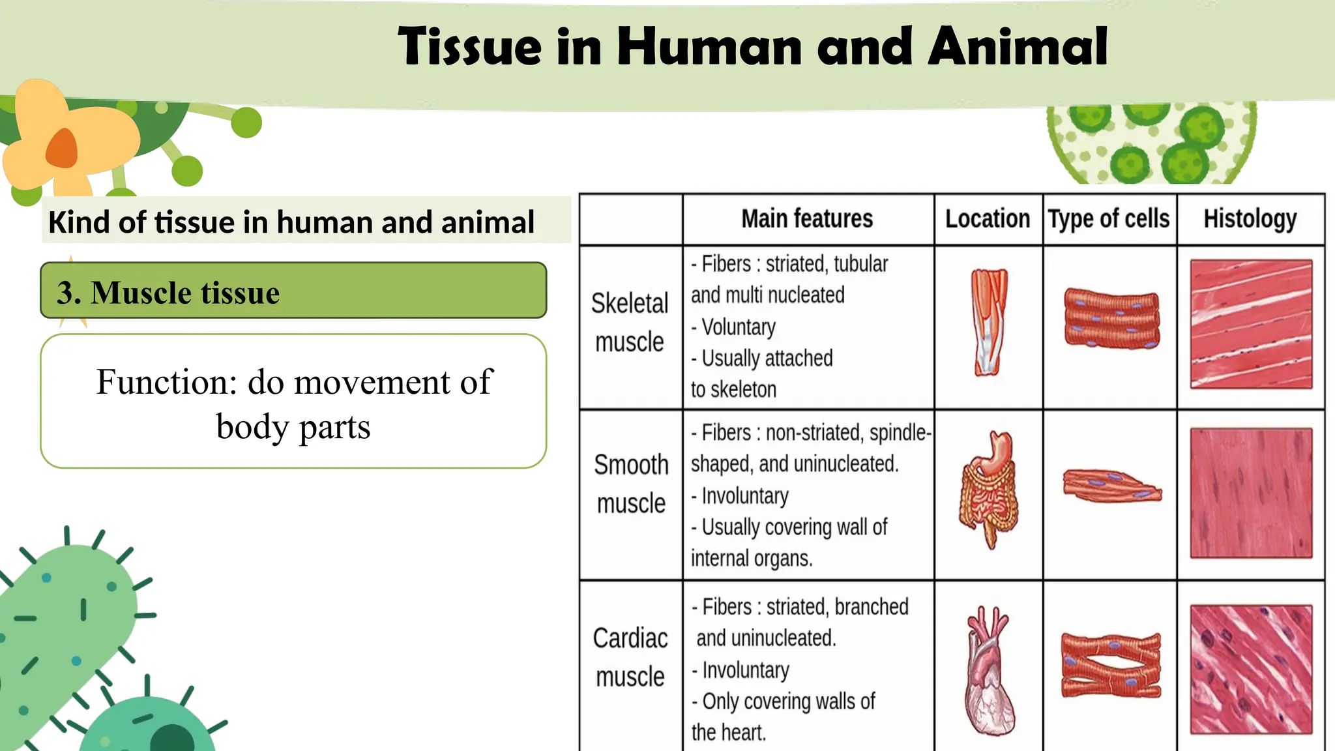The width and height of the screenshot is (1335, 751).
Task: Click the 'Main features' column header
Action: pyautogui.click(x=807, y=219)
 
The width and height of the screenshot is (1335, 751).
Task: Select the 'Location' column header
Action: pyautogui.click(x=988, y=219)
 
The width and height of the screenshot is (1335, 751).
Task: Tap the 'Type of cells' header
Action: pyautogui.click(x=1109, y=219)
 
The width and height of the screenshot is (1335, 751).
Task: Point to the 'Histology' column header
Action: pyautogui.click(x=1250, y=219)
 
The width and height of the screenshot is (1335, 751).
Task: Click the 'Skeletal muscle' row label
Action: pyautogui.click(x=630, y=323)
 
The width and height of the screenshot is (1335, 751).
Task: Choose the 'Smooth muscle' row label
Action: pyautogui.click(x=631, y=484)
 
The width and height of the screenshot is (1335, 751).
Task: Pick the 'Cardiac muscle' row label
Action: pyautogui.click(x=630, y=657)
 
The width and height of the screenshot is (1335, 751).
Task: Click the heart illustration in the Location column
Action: pyautogui.click(x=989, y=671)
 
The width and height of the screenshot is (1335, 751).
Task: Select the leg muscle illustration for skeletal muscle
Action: pyautogui.click(x=989, y=322)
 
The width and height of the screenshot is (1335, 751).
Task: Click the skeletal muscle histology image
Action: pyautogui.click(x=1251, y=324)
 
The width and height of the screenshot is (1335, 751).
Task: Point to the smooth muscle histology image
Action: pyautogui.click(x=1251, y=493)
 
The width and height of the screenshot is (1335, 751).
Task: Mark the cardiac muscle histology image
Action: pyautogui.click(x=1251, y=669)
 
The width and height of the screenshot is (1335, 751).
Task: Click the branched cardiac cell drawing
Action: pyautogui.click(x=1111, y=666)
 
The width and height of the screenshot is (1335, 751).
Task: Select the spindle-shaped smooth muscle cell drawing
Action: pyautogui.click(x=1111, y=486)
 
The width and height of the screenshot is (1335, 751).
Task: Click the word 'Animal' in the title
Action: pyautogui.click(x=1018, y=47)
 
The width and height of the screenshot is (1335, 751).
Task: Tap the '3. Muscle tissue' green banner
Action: pyautogui.click(x=293, y=291)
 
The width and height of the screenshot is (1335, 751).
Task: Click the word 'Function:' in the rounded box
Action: pyautogui.click(x=166, y=382)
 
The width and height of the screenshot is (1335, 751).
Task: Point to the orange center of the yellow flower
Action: pyautogui.click(x=63, y=149)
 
